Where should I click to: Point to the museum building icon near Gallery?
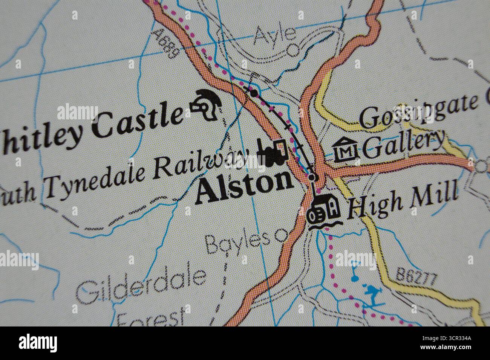tap(345, 149)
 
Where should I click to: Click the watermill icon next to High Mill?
tap(325, 211)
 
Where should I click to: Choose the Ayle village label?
tap(274, 35)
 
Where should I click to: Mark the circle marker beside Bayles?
tap(280, 236)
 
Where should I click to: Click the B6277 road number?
tap(416, 276)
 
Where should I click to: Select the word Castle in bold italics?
tap(137, 121)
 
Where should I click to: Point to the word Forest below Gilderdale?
tap(151, 318)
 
